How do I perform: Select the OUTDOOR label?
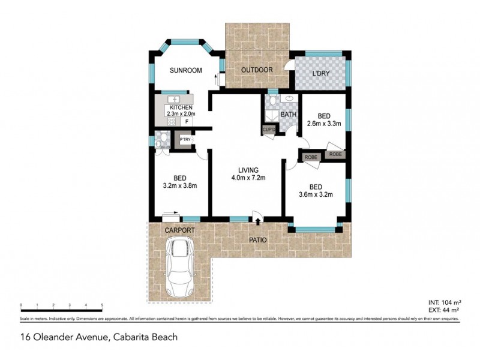coord(257,70)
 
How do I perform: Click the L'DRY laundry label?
coord(321,74)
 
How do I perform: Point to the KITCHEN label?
coord(181,107)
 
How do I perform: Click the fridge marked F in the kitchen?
coord(187,122)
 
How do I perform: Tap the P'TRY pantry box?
coord(185,140)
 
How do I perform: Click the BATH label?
coord(288,114)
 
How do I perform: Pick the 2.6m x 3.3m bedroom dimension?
coord(323,125)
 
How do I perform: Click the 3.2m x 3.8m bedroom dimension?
coord(180,185)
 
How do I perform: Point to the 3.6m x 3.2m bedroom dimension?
coord(316,194)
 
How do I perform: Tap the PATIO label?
coord(258,241)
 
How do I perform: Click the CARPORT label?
coord(180,230)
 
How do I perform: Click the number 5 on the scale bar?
coord(102,305)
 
